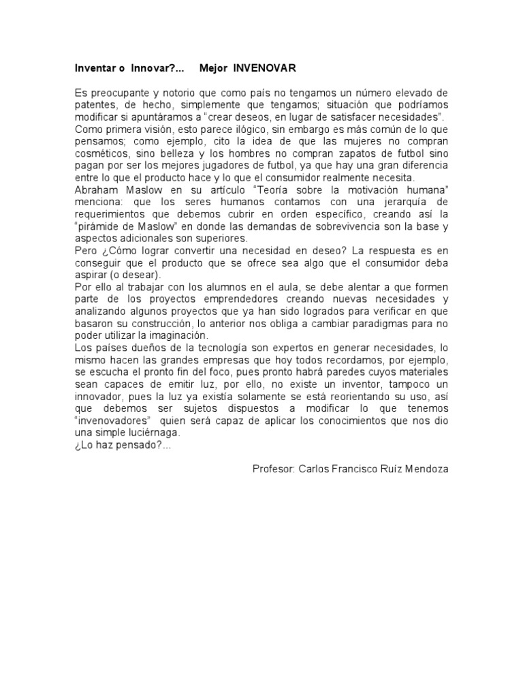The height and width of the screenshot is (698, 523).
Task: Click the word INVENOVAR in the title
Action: point(265,69)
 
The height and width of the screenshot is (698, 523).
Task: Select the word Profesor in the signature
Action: point(272,470)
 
